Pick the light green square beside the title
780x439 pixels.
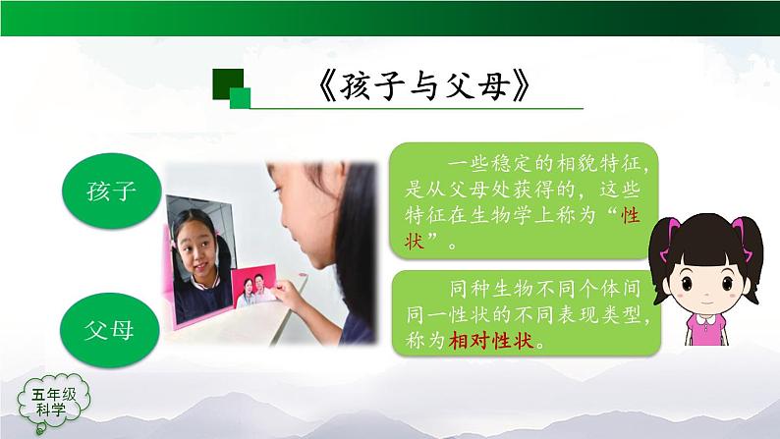click(x=241, y=96)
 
